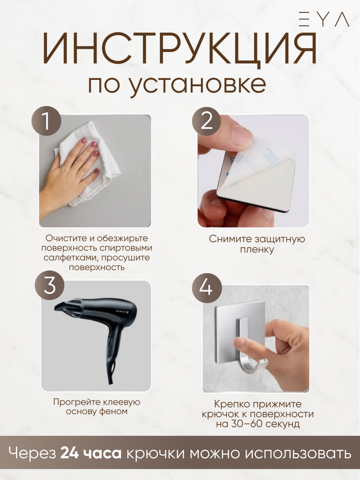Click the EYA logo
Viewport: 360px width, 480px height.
[x=324, y=19]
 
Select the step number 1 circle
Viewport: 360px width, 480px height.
[x=46, y=121]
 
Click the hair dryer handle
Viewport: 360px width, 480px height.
[x=113, y=359]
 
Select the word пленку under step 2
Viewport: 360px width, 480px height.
[x=257, y=250]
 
